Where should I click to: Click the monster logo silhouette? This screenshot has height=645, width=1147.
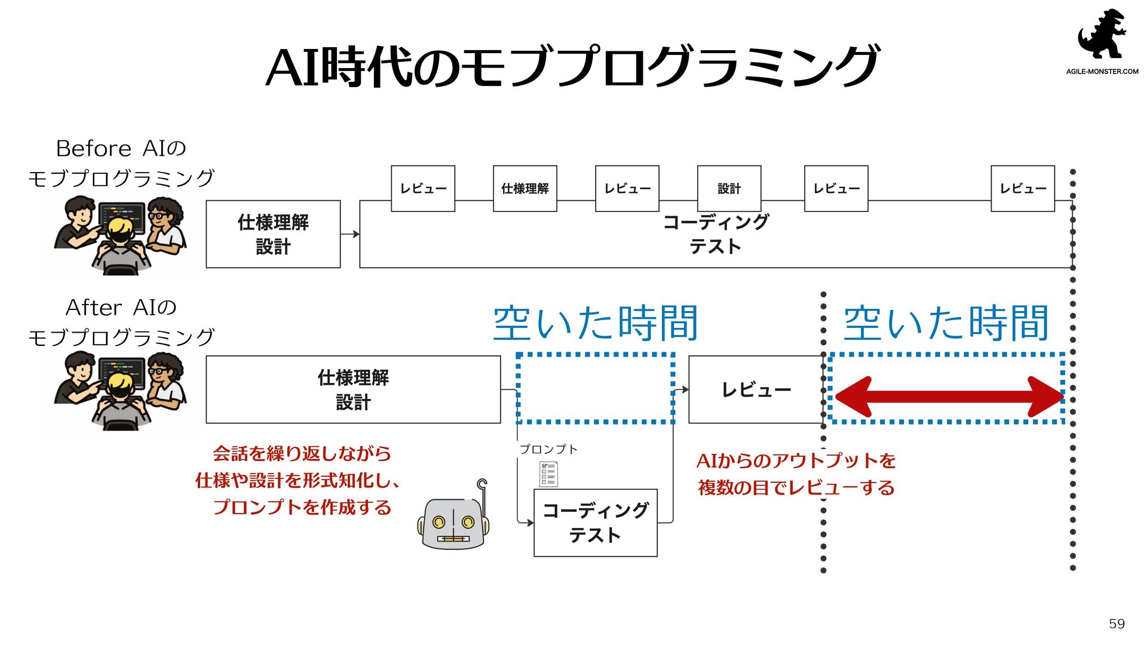pos(1102,35)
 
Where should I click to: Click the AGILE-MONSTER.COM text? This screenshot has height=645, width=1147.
pos(1102,72)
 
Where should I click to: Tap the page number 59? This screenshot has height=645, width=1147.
pos(1117,624)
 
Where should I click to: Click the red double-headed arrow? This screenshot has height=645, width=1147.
pos(948,396)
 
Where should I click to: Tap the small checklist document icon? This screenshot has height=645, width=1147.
pos(548,474)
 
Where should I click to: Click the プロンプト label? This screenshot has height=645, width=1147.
pos(548,449)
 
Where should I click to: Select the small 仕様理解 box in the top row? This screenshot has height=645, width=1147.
pos(525,189)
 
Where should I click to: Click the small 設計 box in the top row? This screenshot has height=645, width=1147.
pos(729,189)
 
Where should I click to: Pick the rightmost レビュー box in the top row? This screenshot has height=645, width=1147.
pos(1022,189)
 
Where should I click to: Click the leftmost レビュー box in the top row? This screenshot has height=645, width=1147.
pos(423,189)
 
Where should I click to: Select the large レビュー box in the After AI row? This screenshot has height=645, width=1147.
pos(756,390)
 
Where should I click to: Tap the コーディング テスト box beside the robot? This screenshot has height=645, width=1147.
pos(595,523)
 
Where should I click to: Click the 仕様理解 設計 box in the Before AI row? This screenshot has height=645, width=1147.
pos(273,234)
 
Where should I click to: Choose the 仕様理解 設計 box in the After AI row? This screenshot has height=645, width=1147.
pos(353,390)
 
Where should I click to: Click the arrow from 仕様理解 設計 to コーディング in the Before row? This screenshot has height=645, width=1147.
pos(350,234)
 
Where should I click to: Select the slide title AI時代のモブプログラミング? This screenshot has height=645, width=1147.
pos(572,66)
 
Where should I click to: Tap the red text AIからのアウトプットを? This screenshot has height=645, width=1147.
pos(796,461)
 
